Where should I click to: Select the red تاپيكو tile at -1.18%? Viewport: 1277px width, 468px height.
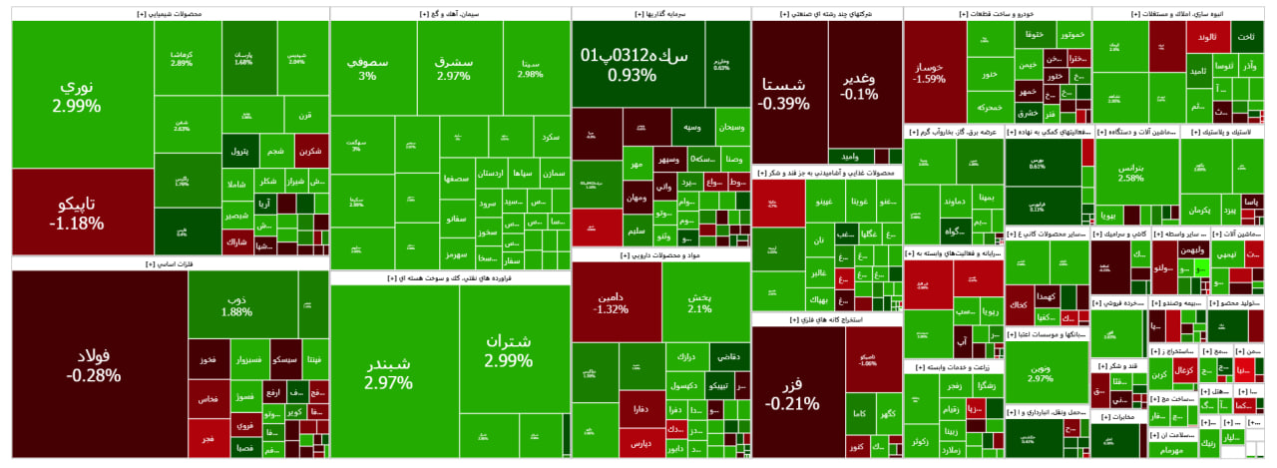point(76,212)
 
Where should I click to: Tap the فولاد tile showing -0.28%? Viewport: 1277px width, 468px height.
point(93,365)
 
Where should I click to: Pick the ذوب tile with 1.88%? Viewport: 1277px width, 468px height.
point(236,304)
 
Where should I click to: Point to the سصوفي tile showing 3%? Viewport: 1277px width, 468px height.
point(367,68)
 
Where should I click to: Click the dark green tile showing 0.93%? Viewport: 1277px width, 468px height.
point(635,64)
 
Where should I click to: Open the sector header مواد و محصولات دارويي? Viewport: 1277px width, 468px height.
point(661,255)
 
